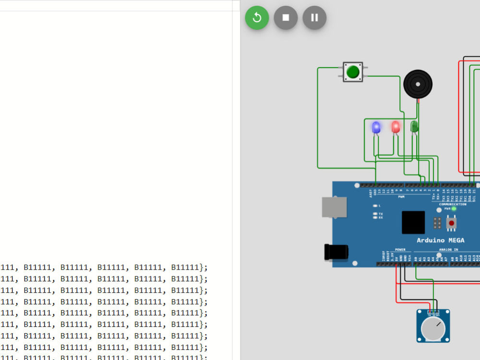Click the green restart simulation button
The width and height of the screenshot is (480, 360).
257,18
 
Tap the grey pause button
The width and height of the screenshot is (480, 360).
314,18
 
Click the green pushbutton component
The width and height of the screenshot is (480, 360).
353,72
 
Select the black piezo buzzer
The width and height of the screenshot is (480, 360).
418,84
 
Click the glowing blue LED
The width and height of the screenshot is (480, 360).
376,127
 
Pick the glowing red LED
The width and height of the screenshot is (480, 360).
396,127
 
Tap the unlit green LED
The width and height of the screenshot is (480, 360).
414,127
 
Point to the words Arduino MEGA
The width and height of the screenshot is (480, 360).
440,240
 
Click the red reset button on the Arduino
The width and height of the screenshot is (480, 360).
451,223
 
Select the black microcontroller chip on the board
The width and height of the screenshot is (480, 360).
413,222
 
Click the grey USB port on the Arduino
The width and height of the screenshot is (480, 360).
334,207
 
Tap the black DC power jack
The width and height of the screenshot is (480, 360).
336,252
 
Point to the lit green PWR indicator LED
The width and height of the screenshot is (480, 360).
454,209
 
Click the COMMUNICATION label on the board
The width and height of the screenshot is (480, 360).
452,204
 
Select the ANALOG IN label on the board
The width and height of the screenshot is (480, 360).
449,250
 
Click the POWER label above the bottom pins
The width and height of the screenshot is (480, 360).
400,250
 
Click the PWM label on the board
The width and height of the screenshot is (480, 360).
401,196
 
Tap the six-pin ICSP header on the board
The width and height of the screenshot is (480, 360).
437,223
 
